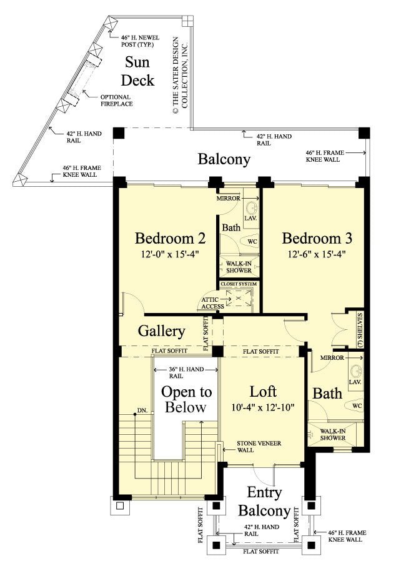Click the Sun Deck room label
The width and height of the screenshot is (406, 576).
pyautogui.click(x=137, y=71)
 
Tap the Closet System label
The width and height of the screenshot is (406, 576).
pyautogui.click(x=239, y=284)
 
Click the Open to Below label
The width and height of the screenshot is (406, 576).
pyautogui.click(x=186, y=400)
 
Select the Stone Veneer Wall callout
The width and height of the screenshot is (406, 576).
pyautogui.click(x=259, y=447)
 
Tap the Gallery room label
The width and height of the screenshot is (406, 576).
pyautogui.click(x=161, y=330)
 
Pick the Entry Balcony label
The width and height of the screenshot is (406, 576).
pyautogui.click(x=264, y=502)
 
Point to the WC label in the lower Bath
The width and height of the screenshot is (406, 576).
pyautogui.click(x=357, y=405)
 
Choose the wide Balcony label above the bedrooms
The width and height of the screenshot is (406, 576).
pyautogui.click(x=224, y=159)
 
